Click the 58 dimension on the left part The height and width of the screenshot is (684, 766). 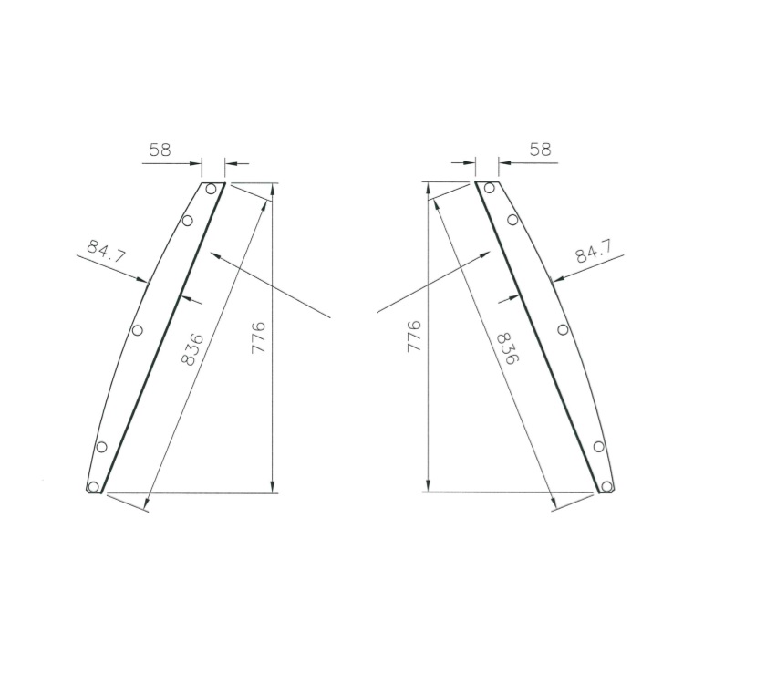(160, 150)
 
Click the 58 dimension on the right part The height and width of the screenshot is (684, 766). (541, 150)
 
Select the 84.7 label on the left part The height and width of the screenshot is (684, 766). (106, 251)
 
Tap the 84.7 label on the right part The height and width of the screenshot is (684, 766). (594, 251)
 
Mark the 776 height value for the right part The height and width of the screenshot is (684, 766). (413, 338)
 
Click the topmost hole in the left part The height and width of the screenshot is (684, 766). (211, 189)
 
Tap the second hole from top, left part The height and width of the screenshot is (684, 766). (188, 220)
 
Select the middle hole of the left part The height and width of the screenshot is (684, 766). (138, 329)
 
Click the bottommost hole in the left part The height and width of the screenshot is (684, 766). (94, 486)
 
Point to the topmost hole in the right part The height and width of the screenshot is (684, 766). (490, 189)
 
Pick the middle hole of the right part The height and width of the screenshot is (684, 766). (563, 329)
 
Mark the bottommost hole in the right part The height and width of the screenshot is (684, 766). (606, 486)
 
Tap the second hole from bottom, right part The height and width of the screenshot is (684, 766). (599, 446)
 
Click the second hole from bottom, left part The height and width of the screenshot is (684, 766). (101, 446)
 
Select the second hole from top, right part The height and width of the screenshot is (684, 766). (512, 220)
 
